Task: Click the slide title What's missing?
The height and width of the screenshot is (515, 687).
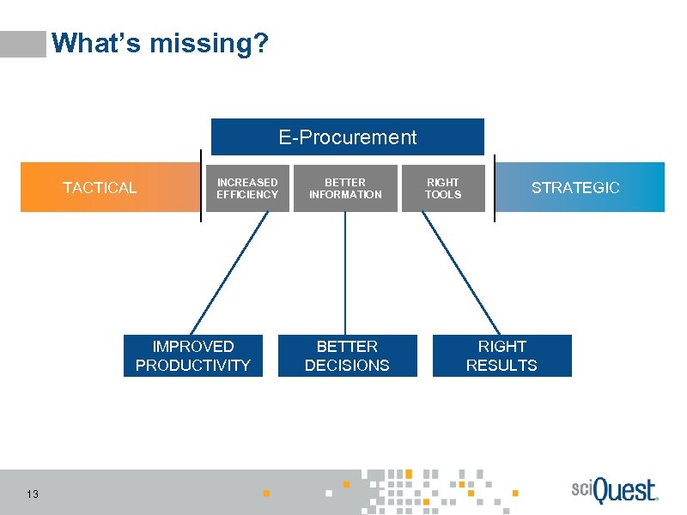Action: (x=160, y=43)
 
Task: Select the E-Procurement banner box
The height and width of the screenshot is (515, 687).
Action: (x=348, y=137)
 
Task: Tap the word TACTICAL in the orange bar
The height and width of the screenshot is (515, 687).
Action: (x=100, y=188)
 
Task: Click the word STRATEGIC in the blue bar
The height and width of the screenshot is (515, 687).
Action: (x=575, y=188)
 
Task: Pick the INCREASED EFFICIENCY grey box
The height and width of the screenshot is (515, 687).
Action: (x=247, y=188)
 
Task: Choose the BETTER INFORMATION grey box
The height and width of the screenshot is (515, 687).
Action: (x=345, y=188)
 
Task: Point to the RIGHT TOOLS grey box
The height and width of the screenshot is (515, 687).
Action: (x=443, y=188)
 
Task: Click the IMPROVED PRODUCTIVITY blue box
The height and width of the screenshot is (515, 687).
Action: (x=193, y=355)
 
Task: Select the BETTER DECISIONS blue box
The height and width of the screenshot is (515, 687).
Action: (x=347, y=355)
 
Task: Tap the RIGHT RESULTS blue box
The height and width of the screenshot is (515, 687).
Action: (x=502, y=355)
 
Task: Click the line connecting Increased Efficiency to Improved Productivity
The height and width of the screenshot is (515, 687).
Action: (x=229, y=273)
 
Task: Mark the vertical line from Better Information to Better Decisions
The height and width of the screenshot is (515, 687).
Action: (x=345, y=273)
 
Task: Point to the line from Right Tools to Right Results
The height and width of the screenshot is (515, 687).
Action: (x=461, y=273)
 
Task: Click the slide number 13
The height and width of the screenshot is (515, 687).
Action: (x=33, y=494)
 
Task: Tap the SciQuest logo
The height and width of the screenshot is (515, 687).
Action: (x=614, y=491)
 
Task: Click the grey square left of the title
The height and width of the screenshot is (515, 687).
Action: (x=23, y=44)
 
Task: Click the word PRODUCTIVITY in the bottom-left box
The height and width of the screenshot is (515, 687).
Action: (x=193, y=366)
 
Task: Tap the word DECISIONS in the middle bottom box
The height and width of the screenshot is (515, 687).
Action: (x=347, y=366)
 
